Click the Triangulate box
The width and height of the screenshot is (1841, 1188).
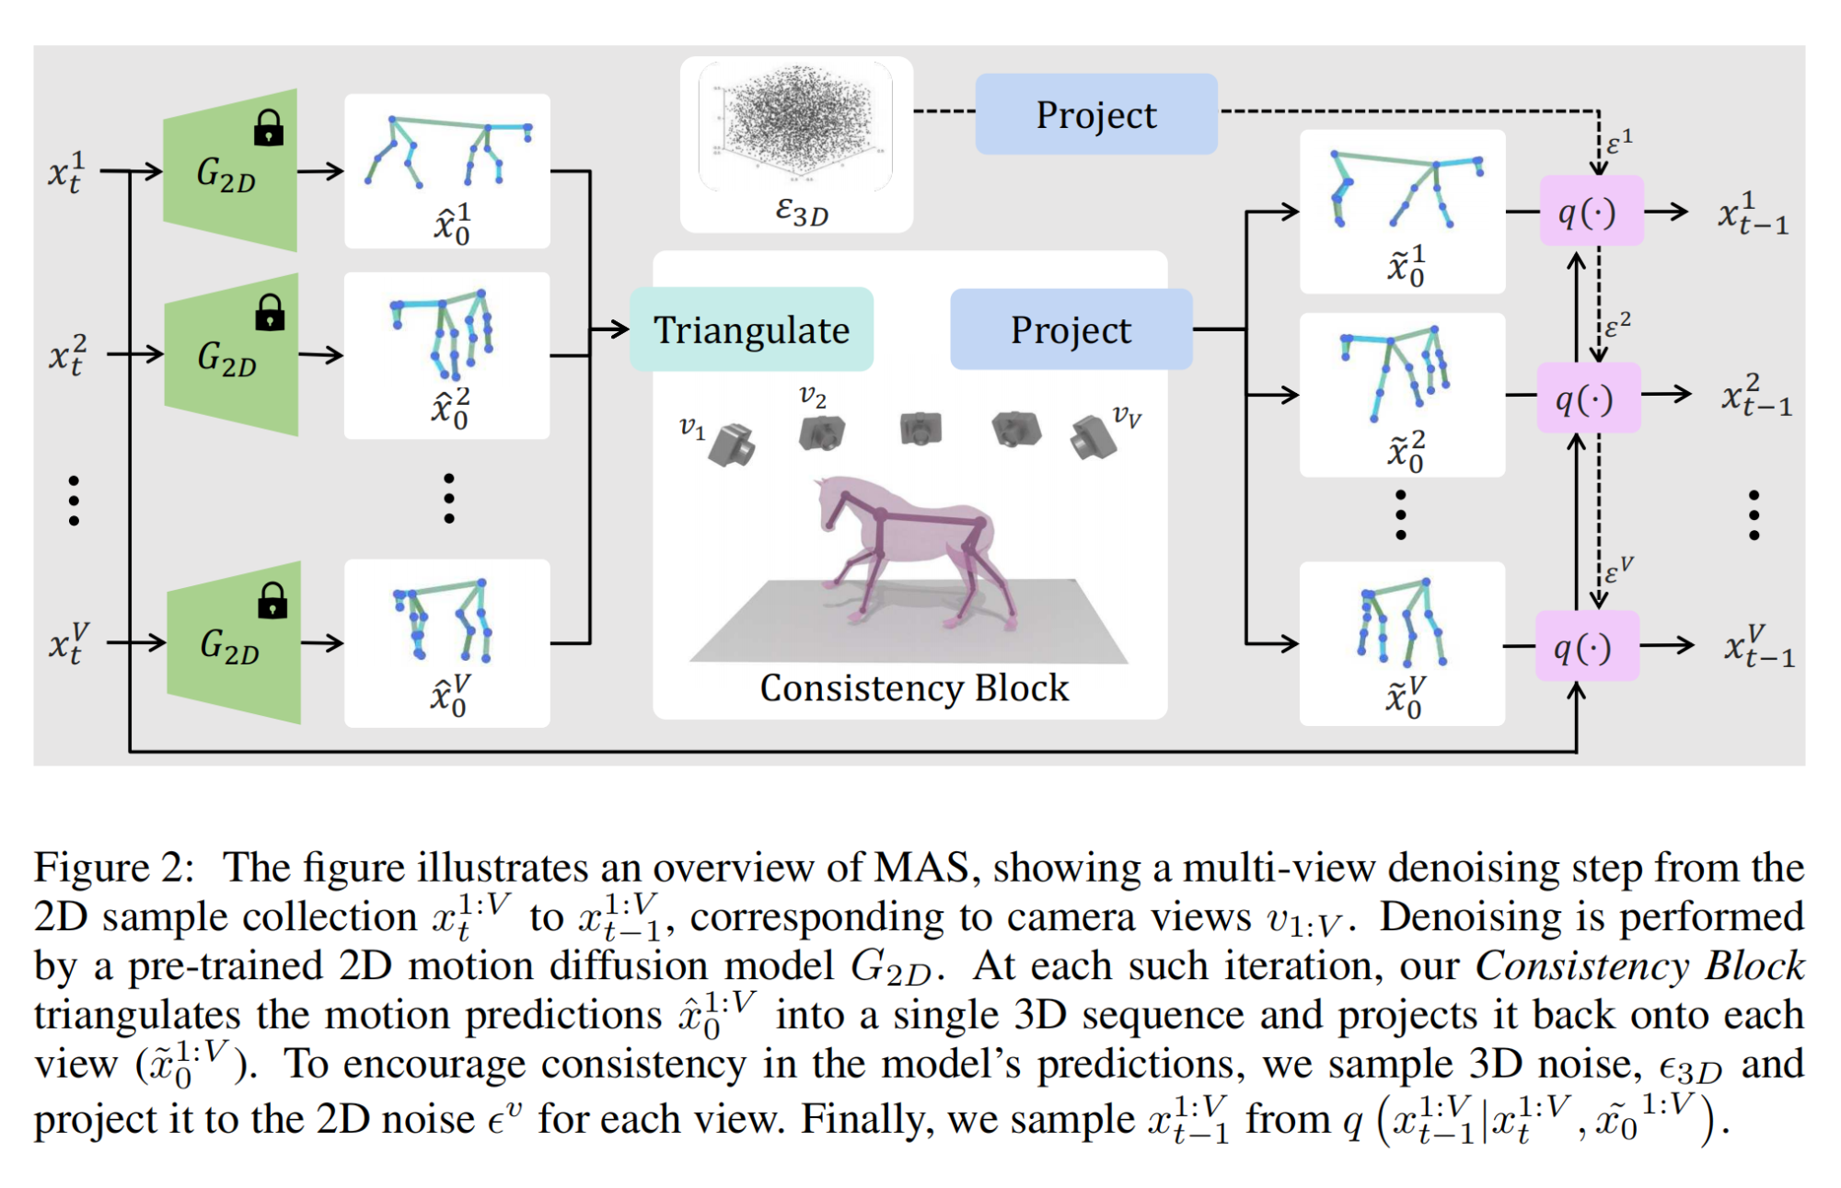tap(751, 329)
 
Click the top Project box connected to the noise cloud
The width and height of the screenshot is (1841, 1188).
tap(1095, 115)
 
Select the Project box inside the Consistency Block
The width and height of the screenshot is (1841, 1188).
tap(1071, 329)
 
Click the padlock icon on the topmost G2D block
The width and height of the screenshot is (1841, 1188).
tap(269, 128)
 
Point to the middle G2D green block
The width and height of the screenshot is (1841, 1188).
tap(230, 355)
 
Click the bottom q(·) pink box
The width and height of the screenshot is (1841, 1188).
tap(1586, 647)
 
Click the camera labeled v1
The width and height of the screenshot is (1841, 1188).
tap(733, 444)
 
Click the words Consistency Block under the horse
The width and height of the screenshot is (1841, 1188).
tap(913, 688)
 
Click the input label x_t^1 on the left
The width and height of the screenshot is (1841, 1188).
tap(65, 171)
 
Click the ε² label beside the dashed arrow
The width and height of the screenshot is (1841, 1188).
tap(1617, 324)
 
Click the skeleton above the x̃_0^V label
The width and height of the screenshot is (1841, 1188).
tap(1402, 621)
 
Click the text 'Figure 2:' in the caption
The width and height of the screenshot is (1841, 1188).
tap(114, 868)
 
